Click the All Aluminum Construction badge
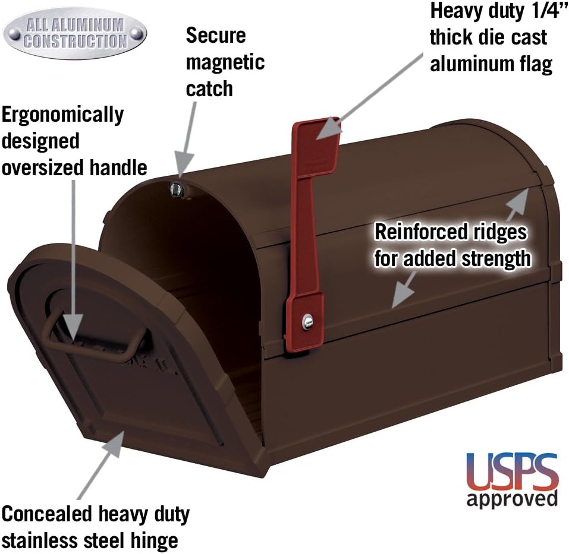coord(75,33)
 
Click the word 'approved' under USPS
coord(512,499)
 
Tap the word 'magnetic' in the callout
coord(225,63)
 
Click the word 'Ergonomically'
coord(63,116)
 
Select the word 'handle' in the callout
coord(118,167)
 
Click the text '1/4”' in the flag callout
coord(549,10)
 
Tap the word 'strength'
coord(496,258)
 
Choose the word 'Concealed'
coord(47,514)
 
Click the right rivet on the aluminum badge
coord(136,34)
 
